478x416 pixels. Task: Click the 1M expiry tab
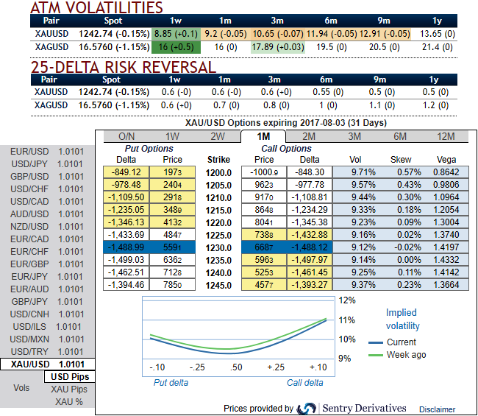(263, 136)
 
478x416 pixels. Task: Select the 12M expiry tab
(446, 136)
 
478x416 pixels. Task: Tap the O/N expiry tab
(126, 136)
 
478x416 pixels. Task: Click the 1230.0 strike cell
(219, 248)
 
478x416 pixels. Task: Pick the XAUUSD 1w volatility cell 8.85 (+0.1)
(174, 34)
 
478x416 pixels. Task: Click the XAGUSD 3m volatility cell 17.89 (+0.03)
(275, 46)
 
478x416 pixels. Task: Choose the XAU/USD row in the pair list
(48, 364)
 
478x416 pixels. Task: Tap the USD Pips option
(69, 377)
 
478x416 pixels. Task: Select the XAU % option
(69, 402)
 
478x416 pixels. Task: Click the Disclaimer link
(437, 409)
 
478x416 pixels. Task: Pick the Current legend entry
(401, 342)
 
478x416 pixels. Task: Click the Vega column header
(446, 159)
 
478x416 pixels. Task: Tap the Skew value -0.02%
(400, 248)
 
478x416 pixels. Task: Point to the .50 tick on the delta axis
(237, 367)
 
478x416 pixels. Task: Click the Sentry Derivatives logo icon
(307, 408)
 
